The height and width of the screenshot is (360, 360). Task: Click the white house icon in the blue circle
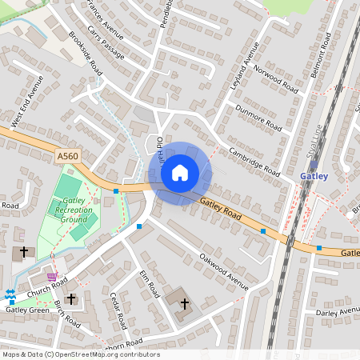tap(180, 173)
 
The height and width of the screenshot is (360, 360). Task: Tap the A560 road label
tap(69, 154)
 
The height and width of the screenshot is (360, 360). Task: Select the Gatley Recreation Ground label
tap(71, 209)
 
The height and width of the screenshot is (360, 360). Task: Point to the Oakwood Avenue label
tap(225, 269)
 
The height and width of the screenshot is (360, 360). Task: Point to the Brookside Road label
tap(86, 53)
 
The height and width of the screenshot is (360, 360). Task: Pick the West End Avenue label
tap(26, 102)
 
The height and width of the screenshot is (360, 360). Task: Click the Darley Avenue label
tap(338, 311)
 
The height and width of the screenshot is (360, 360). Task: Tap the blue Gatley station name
tap(314, 176)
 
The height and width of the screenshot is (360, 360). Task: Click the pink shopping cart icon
tap(53, 276)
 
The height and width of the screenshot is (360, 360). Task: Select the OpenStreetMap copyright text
tap(80, 354)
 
